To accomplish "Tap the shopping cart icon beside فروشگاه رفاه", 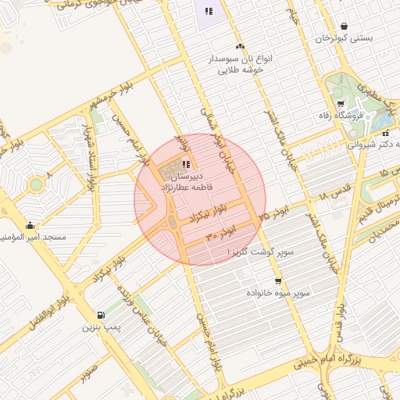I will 341,104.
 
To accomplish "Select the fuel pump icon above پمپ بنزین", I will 101,316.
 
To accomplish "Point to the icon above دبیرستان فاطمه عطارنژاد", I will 185,164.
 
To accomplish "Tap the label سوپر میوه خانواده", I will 279,292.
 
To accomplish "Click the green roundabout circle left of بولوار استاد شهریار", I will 35,185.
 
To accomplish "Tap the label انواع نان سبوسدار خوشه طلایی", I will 239,63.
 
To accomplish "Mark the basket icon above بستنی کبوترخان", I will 345,26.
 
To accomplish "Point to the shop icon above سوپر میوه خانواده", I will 278,281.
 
